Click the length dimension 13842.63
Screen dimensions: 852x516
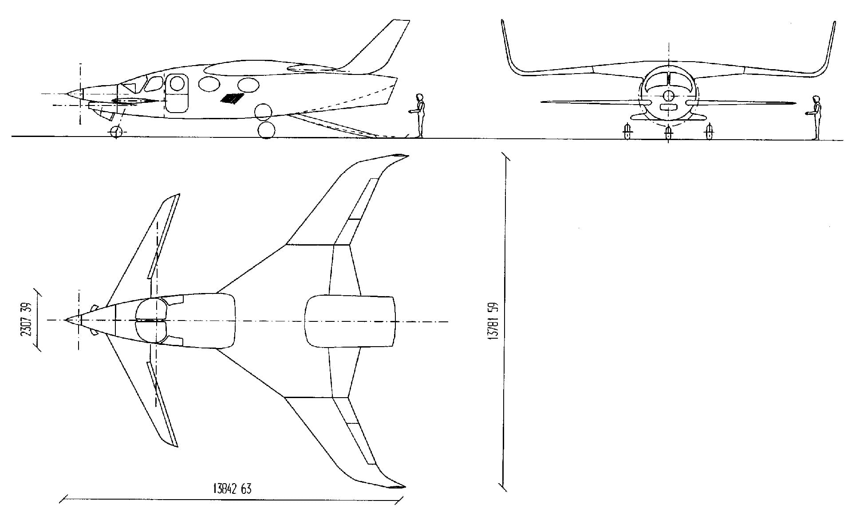point(232,489)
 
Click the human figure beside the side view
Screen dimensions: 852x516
point(418,115)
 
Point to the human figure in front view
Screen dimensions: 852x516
point(816,117)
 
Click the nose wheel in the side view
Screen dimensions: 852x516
point(116,132)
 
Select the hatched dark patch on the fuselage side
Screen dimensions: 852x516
point(233,98)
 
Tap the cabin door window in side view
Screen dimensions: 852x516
point(177,83)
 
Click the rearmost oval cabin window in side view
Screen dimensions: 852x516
point(248,84)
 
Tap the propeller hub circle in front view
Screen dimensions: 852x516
point(668,95)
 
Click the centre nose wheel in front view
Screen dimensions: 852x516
point(668,133)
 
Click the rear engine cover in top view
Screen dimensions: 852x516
point(350,321)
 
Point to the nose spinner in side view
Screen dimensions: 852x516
point(75,94)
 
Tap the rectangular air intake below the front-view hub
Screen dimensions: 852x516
point(668,107)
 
